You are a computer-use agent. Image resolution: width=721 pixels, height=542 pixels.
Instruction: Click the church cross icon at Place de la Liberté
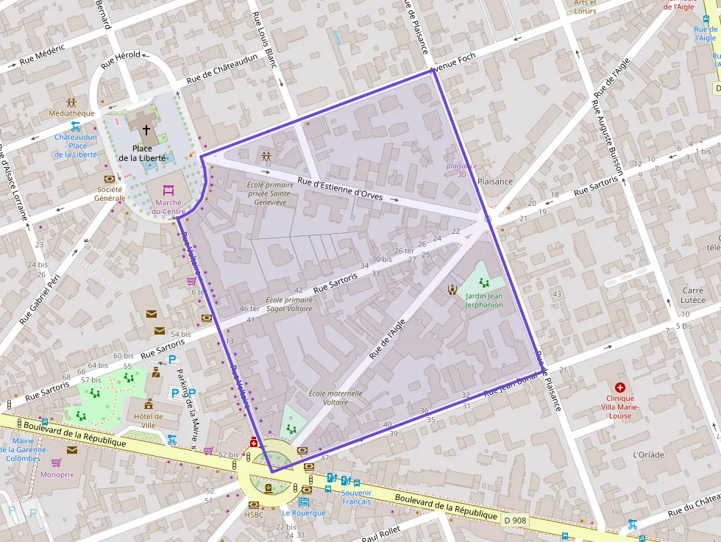[146, 130]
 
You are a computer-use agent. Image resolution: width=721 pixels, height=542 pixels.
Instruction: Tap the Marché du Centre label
[168, 207]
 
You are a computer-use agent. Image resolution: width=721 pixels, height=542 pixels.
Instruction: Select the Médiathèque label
[71, 113]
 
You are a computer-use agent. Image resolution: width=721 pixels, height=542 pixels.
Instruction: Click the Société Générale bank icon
[110, 179]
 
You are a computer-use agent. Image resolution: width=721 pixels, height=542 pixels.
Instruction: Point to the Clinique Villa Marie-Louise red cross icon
[620, 387]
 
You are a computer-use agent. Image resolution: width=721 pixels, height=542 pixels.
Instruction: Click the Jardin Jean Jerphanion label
[483, 300]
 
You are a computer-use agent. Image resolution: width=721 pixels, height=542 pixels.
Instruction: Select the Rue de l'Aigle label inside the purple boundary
[387, 343]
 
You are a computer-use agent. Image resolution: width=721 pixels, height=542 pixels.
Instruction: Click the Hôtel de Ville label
[148, 421]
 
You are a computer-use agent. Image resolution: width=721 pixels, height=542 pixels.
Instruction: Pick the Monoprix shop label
[57, 474]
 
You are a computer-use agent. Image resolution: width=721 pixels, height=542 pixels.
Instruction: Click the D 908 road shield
[516, 520]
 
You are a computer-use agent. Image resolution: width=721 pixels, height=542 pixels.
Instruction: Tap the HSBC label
[254, 515]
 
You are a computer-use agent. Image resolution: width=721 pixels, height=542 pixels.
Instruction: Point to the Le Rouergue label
[303, 513]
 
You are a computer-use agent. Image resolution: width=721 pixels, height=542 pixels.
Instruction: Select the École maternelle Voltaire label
[335, 398]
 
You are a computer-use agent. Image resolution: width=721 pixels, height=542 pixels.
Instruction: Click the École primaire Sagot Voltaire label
[288, 304]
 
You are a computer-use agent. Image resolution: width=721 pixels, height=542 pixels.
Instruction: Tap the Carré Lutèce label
[693, 295]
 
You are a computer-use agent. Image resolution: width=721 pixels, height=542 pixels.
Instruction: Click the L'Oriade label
[648, 454]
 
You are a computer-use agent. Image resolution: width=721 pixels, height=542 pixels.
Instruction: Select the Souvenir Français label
[357, 496]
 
